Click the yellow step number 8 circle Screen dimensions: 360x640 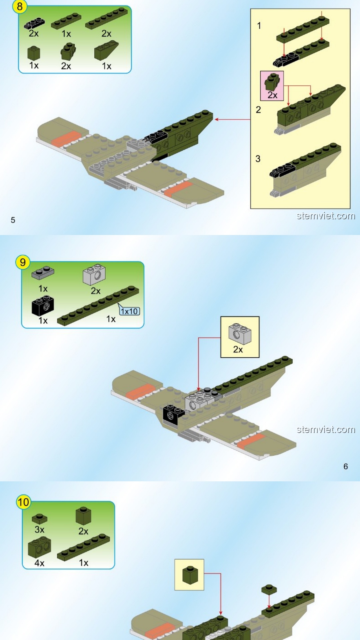(x=20, y=7)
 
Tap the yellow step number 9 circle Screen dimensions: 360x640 (x=23, y=262)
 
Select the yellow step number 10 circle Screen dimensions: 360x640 (x=23, y=502)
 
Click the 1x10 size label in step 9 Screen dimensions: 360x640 (x=129, y=311)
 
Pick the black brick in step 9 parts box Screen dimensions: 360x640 (x=43, y=305)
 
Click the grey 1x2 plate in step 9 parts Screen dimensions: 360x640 (x=43, y=273)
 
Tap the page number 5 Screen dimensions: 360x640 (x=13, y=220)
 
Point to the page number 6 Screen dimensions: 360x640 (x=346, y=466)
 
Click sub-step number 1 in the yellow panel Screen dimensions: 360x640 (x=259, y=26)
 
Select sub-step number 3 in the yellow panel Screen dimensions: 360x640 (x=258, y=159)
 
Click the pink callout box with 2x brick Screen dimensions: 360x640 (x=272, y=86)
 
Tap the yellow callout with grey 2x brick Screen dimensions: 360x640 (x=240, y=337)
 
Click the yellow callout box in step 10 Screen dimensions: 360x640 (x=189, y=575)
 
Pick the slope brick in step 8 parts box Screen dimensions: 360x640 (x=106, y=50)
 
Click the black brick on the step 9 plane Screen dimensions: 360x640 (x=173, y=414)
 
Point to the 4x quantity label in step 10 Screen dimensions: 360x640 (x=39, y=563)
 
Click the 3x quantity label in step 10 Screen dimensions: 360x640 (x=39, y=530)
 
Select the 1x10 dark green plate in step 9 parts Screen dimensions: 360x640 (x=98, y=305)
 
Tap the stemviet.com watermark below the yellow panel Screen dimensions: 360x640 (x=326, y=216)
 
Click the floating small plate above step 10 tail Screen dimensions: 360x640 (x=269, y=589)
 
